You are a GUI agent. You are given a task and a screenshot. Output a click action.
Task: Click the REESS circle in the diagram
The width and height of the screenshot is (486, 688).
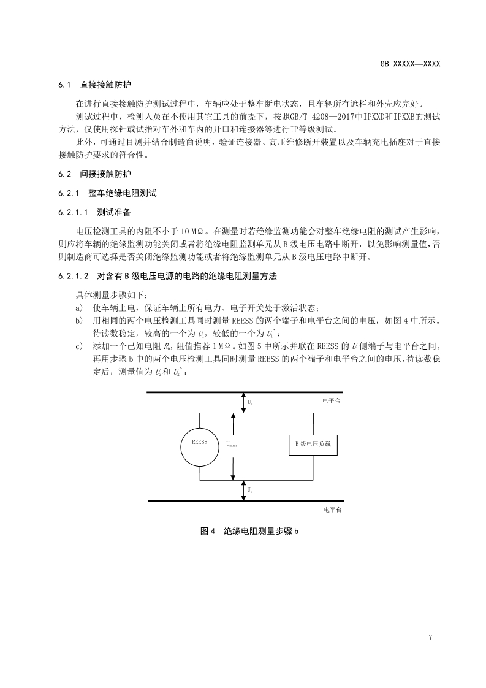pos(200,442)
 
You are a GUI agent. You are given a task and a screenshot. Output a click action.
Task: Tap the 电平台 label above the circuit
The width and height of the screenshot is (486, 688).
pos(332,400)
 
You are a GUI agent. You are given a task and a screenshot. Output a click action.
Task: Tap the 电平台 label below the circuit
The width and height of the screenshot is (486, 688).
pos(332,510)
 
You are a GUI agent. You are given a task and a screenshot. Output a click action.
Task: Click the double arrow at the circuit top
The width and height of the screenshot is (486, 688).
pos(243,402)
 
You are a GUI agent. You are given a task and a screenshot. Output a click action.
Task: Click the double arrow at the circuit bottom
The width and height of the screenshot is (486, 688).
pos(243,490)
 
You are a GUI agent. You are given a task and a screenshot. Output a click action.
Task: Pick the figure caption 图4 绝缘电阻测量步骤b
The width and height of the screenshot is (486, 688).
pos(249,531)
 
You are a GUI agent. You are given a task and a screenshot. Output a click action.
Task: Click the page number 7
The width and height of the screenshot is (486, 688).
pos(431,637)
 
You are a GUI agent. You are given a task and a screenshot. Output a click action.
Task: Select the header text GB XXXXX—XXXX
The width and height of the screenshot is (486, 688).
pos(411,64)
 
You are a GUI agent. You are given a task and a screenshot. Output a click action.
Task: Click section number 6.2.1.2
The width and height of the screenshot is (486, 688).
pos(74,277)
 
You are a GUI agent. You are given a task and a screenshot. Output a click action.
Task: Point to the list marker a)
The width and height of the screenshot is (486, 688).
pos(78,307)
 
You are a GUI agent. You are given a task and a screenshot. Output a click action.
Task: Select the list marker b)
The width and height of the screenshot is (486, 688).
pos(78,320)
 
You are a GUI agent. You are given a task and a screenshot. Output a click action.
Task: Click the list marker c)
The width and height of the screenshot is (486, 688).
pos(78,346)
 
